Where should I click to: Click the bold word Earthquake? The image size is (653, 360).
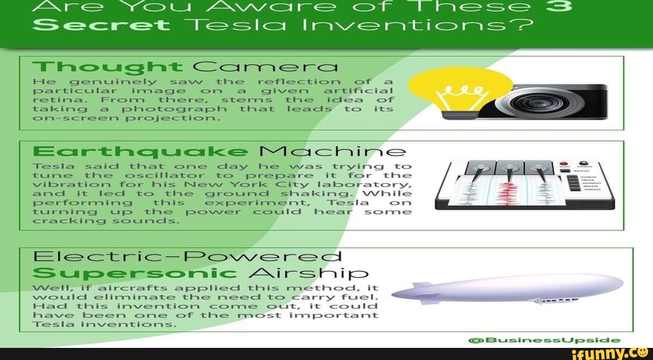pyautogui.click(x=139, y=152)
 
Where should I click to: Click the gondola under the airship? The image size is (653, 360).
pyautogui.click(x=556, y=299)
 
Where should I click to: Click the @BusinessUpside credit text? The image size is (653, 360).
pyautogui.click(x=544, y=340)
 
